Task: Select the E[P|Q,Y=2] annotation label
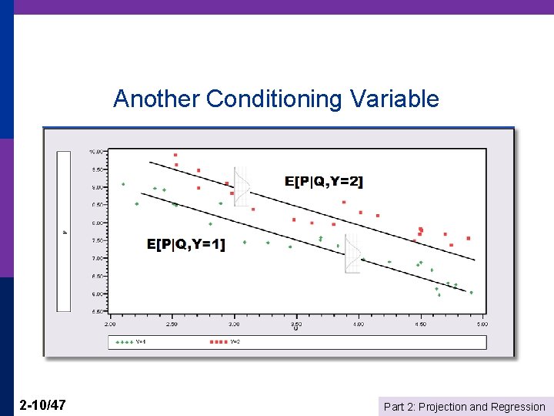(323, 182)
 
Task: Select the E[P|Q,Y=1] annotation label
(185, 244)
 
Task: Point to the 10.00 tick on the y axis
(97, 152)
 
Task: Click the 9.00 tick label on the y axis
(98, 187)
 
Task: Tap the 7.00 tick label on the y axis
(98, 258)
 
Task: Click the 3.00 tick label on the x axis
(234, 324)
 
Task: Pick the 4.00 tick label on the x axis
(359, 324)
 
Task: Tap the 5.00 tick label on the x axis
(482, 324)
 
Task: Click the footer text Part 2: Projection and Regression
(464, 407)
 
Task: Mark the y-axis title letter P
(65, 231)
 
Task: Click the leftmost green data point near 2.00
(123, 184)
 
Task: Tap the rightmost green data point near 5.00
(471, 293)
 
